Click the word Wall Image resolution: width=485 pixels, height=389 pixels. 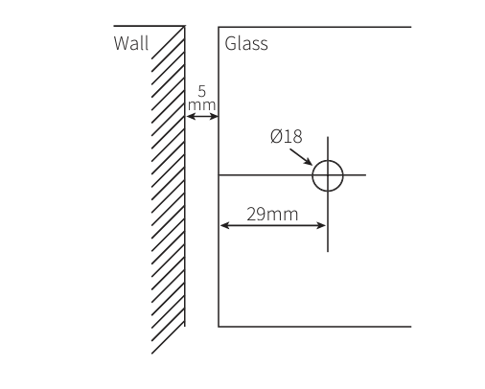coord(131,43)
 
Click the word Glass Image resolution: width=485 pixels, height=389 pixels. coord(246,43)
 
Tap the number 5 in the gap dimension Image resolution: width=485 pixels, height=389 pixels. coord(201,91)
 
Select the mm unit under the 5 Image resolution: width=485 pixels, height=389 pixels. coord(201,105)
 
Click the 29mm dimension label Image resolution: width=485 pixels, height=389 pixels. coord(272,214)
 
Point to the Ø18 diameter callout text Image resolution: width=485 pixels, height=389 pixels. coord(286,136)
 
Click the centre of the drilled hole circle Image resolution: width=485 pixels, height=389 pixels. coord(328,175)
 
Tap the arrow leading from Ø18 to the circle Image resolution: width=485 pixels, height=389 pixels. coord(301,157)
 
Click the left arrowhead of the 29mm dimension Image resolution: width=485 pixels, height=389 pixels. coord(224,225)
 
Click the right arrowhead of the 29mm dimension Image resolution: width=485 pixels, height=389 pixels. coord(321,225)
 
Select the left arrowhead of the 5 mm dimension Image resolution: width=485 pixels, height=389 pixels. coord(190,116)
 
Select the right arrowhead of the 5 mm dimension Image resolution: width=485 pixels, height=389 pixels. coord(214,116)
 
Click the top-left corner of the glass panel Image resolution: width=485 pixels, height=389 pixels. coord(219,27)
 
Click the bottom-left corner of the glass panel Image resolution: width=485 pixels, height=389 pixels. coord(219,327)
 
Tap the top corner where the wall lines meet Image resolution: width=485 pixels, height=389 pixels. coord(185,26)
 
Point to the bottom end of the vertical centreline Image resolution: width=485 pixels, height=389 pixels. coord(328,252)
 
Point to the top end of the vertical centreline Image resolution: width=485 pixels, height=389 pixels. coord(328,137)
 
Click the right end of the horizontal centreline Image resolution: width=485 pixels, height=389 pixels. coord(365,175)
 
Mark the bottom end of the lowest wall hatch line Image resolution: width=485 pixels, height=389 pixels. coord(151,354)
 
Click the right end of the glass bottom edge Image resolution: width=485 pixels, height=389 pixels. coord(411,327)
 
